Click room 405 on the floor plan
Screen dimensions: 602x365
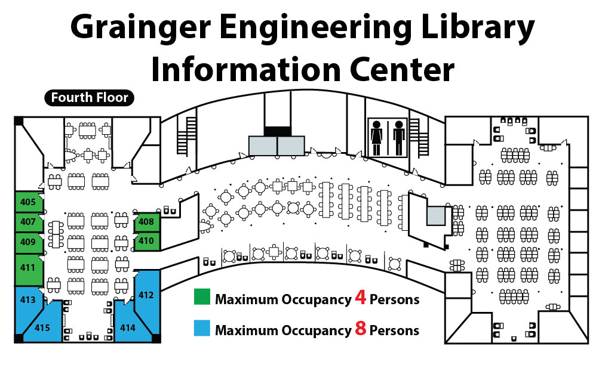click(x=27, y=202)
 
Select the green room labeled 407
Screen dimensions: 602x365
click(x=27, y=222)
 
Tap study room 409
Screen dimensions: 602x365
click(x=27, y=242)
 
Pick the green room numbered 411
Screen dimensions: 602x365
click(x=27, y=268)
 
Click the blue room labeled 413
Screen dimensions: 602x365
click(x=27, y=300)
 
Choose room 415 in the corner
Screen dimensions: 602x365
click(x=42, y=327)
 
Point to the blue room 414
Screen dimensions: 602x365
click(x=128, y=327)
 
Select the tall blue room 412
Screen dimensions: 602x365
click(x=146, y=295)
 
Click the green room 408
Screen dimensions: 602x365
click(x=146, y=222)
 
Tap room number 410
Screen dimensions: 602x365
click(x=146, y=241)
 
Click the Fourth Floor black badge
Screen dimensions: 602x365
click(x=90, y=97)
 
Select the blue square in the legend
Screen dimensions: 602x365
click(x=202, y=329)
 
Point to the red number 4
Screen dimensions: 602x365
click(x=361, y=298)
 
